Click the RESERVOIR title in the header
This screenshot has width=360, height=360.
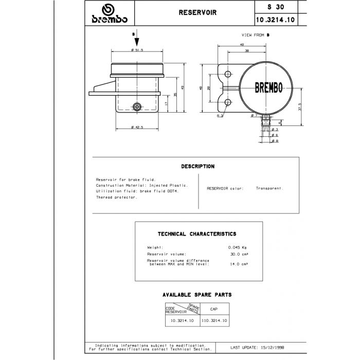pos(193,11)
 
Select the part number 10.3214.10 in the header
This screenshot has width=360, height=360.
pos(275,20)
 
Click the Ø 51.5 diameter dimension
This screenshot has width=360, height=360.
pos(137,49)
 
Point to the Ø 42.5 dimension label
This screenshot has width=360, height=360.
pos(137,127)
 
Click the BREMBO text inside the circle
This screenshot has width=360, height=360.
pos(269,87)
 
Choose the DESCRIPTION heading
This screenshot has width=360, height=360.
pos(197,167)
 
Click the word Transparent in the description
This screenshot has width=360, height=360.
pos(269,188)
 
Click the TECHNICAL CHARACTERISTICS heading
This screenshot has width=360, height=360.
pos(197,234)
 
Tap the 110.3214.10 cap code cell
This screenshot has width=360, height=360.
pos(213,320)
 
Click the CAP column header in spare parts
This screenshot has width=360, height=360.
pos(213,309)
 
